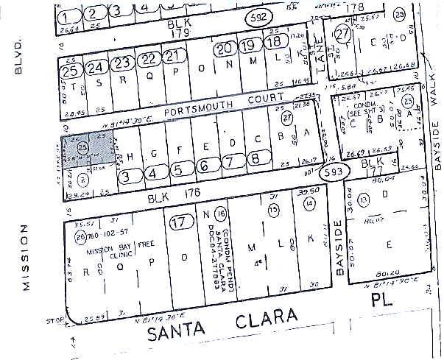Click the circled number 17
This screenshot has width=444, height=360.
(x=178, y=223)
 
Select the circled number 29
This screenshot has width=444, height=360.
(x=420, y=14)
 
